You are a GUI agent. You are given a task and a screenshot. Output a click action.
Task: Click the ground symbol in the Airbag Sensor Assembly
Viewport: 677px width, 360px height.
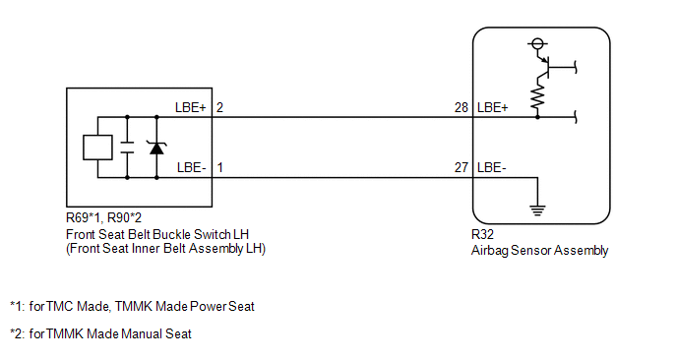[x=537, y=210]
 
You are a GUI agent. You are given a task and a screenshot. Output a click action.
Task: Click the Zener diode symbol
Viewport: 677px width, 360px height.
[x=156, y=148]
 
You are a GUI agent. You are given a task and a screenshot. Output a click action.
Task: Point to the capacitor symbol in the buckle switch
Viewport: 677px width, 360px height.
[x=127, y=148]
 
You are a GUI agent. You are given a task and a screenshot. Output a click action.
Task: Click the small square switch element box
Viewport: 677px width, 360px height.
[x=98, y=148]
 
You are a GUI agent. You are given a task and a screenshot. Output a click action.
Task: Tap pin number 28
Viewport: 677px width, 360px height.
[x=462, y=107]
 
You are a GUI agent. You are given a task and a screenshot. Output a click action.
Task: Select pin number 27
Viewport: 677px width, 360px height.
[x=462, y=167]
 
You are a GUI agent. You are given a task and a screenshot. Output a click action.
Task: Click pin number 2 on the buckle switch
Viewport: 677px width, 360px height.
[x=219, y=107]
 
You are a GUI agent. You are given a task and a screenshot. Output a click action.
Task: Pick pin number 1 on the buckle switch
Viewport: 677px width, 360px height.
[x=219, y=167]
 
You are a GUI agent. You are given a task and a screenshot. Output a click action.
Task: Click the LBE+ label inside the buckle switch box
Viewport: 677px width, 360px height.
[x=191, y=107]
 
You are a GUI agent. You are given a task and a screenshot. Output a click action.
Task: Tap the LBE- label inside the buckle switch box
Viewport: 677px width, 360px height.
[x=191, y=167]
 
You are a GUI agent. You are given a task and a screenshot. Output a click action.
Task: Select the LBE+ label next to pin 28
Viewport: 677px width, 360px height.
[x=493, y=107]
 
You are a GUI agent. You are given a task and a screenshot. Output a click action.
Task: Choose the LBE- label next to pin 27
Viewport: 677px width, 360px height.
[x=492, y=167]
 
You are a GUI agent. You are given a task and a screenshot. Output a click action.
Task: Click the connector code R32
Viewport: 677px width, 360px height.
[x=482, y=234]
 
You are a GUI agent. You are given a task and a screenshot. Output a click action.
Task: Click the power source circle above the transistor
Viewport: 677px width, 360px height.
[x=537, y=43]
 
